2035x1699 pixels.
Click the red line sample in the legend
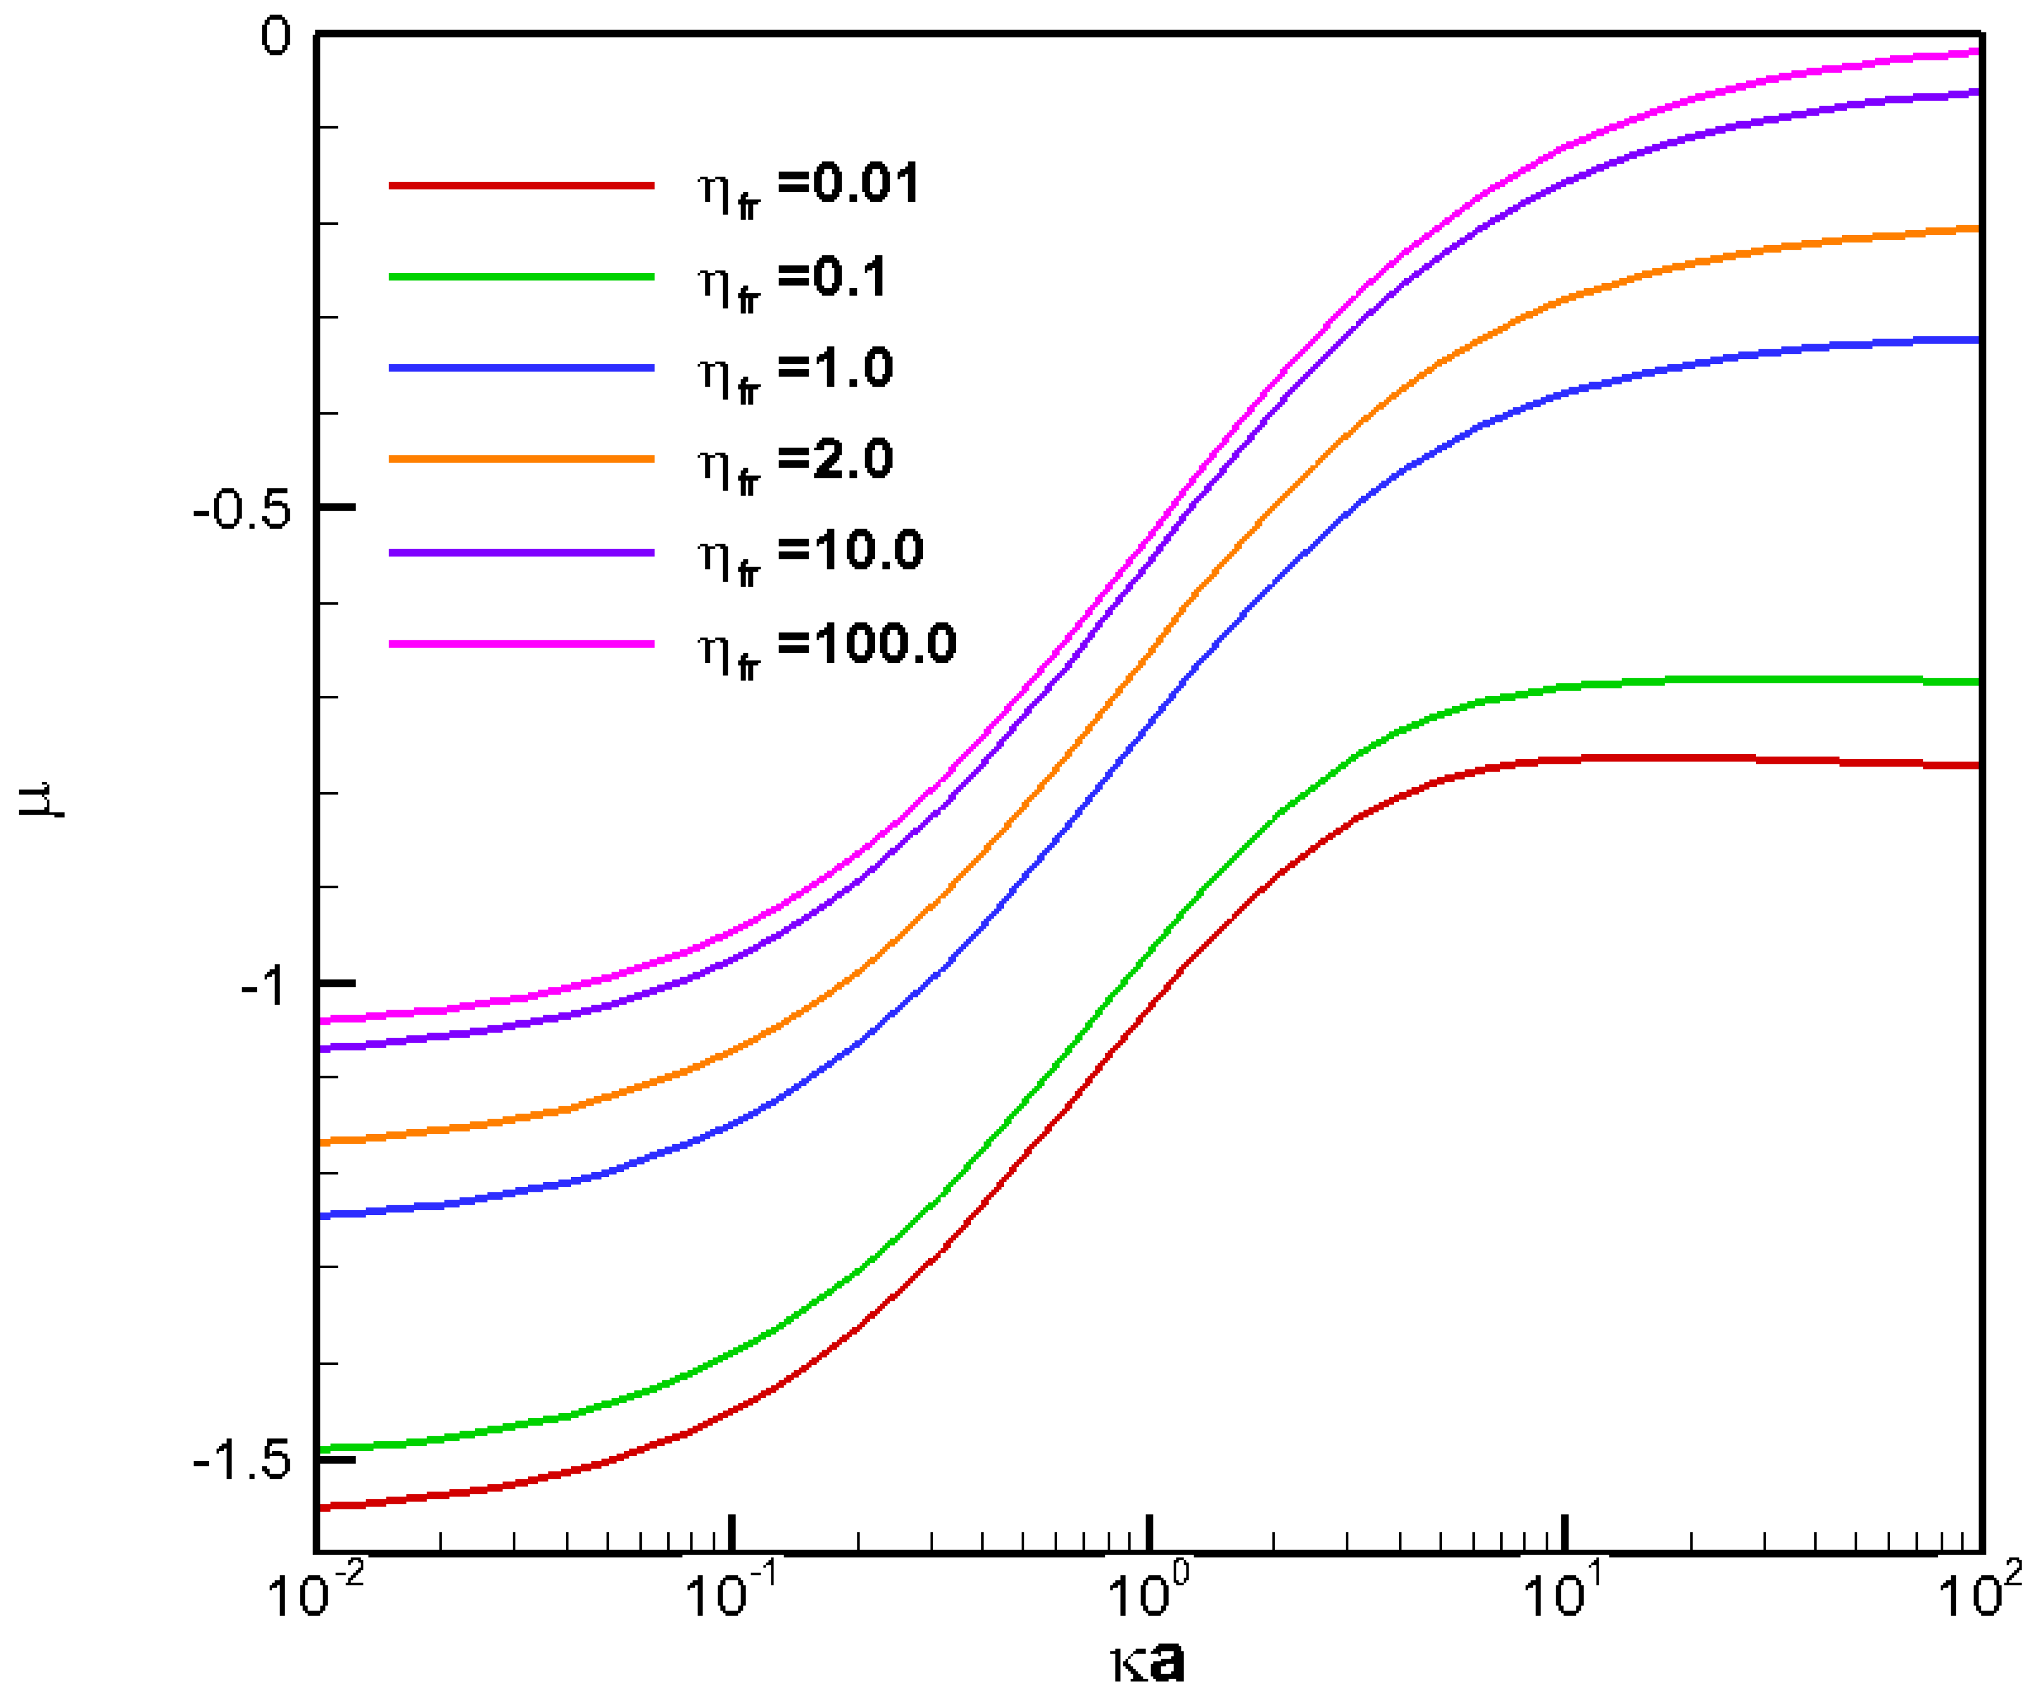(x=521, y=184)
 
